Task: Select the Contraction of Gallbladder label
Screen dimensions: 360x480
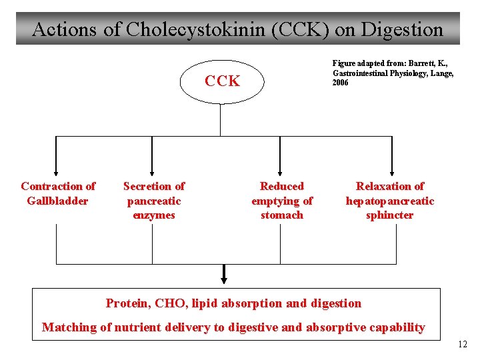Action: click(x=57, y=193)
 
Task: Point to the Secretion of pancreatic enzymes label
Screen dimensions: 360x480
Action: click(x=153, y=201)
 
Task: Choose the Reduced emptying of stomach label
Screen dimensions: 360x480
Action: click(x=281, y=201)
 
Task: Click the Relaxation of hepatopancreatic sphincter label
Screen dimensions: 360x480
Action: click(x=389, y=201)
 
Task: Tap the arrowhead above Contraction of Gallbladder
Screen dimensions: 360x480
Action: click(x=56, y=171)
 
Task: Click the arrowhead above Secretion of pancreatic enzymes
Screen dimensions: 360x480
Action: click(x=153, y=171)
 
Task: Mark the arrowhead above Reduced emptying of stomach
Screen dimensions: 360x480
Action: click(x=281, y=171)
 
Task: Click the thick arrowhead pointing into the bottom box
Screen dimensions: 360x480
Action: click(x=224, y=278)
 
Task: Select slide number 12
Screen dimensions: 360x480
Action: click(x=463, y=345)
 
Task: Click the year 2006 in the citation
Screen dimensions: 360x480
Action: click(x=340, y=83)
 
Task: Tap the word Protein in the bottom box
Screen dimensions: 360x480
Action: click(x=127, y=304)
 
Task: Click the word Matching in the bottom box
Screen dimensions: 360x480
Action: click(x=69, y=327)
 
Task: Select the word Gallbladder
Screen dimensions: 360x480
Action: click(x=57, y=201)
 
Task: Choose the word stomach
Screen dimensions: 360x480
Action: click(x=281, y=215)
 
